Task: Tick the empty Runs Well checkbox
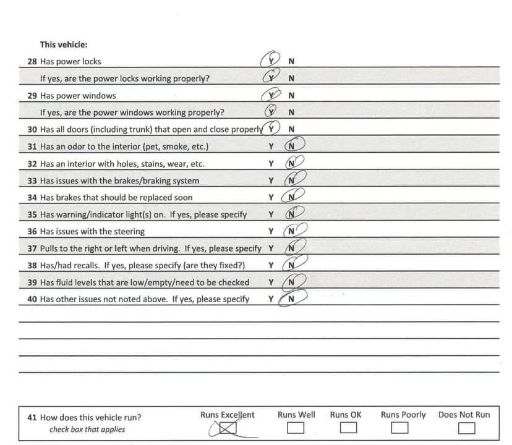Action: (x=296, y=428)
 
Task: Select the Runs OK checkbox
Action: (x=349, y=428)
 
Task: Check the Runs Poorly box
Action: (x=400, y=428)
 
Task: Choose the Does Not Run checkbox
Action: (x=466, y=428)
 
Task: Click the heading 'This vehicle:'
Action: (x=64, y=44)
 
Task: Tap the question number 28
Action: (x=32, y=62)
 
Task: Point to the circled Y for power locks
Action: (x=270, y=61)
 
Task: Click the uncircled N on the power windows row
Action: (x=291, y=96)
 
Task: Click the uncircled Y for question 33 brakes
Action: (x=271, y=180)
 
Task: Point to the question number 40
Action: (x=32, y=299)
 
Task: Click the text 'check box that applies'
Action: (x=87, y=430)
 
